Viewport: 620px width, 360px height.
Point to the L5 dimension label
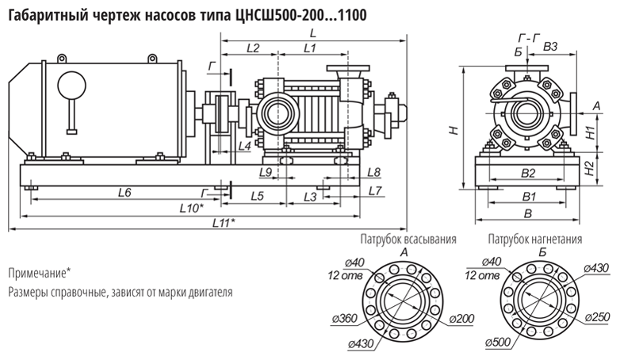[x=256, y=194]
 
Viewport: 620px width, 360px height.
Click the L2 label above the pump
[x=253, y=48]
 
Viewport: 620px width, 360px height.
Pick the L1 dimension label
[x=310, y=48]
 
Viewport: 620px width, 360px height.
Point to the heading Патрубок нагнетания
[x=535, y=239]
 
